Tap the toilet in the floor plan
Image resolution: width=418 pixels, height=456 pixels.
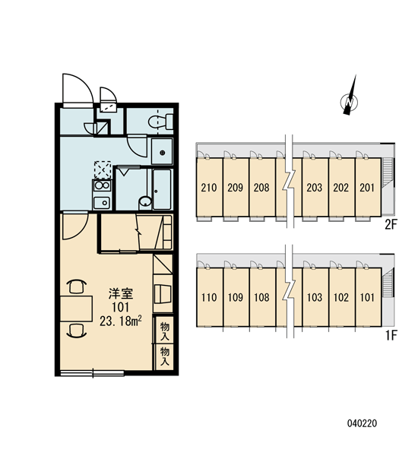click(160, 122)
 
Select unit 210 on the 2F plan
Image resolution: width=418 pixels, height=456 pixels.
click(209, 188)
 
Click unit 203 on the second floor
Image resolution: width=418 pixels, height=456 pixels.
click(315, 188)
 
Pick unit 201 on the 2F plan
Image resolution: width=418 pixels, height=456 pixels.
click(368, 188)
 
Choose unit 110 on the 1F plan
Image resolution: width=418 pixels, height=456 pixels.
click(209, 297)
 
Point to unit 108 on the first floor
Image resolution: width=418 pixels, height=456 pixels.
click(261, 297)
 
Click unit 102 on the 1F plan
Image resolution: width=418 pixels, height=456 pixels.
click(341, 297)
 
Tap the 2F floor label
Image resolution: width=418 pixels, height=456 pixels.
click(391, 225)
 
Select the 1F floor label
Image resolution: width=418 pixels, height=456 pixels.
click(391, 336)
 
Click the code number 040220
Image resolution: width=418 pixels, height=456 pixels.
click(363, 423)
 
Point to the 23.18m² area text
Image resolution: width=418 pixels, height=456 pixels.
click(120, 321)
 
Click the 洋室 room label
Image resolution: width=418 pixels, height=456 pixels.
click(121, 293)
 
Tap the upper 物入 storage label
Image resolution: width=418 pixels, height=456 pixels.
click(165, 331)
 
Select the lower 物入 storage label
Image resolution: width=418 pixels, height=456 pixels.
click(165, 356)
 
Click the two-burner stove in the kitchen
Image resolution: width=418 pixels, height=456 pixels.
click(102, 185)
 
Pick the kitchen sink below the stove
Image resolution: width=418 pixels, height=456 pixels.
click(102, 203)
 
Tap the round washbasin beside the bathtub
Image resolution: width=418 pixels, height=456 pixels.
click(145, 201)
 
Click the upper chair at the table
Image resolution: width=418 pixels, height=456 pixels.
click(77, 287)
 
